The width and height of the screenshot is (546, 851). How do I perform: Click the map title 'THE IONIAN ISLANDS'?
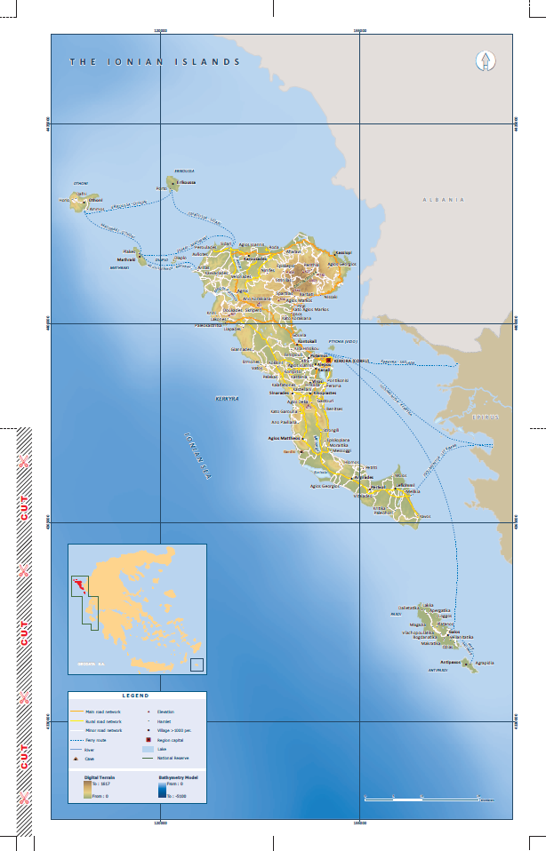coord(156,62)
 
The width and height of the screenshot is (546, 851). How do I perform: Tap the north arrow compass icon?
coord(486,60)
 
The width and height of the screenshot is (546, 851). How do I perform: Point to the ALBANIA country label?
coord(444,200)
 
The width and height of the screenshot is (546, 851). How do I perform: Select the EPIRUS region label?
coord(486,416)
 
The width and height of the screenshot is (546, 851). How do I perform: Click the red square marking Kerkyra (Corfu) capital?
coord(327,361)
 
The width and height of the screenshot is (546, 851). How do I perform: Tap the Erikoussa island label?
coord(186,182)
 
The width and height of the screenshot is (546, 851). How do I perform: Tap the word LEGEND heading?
coord(136,696)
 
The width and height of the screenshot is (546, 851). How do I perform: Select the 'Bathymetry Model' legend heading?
coord(178,775)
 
